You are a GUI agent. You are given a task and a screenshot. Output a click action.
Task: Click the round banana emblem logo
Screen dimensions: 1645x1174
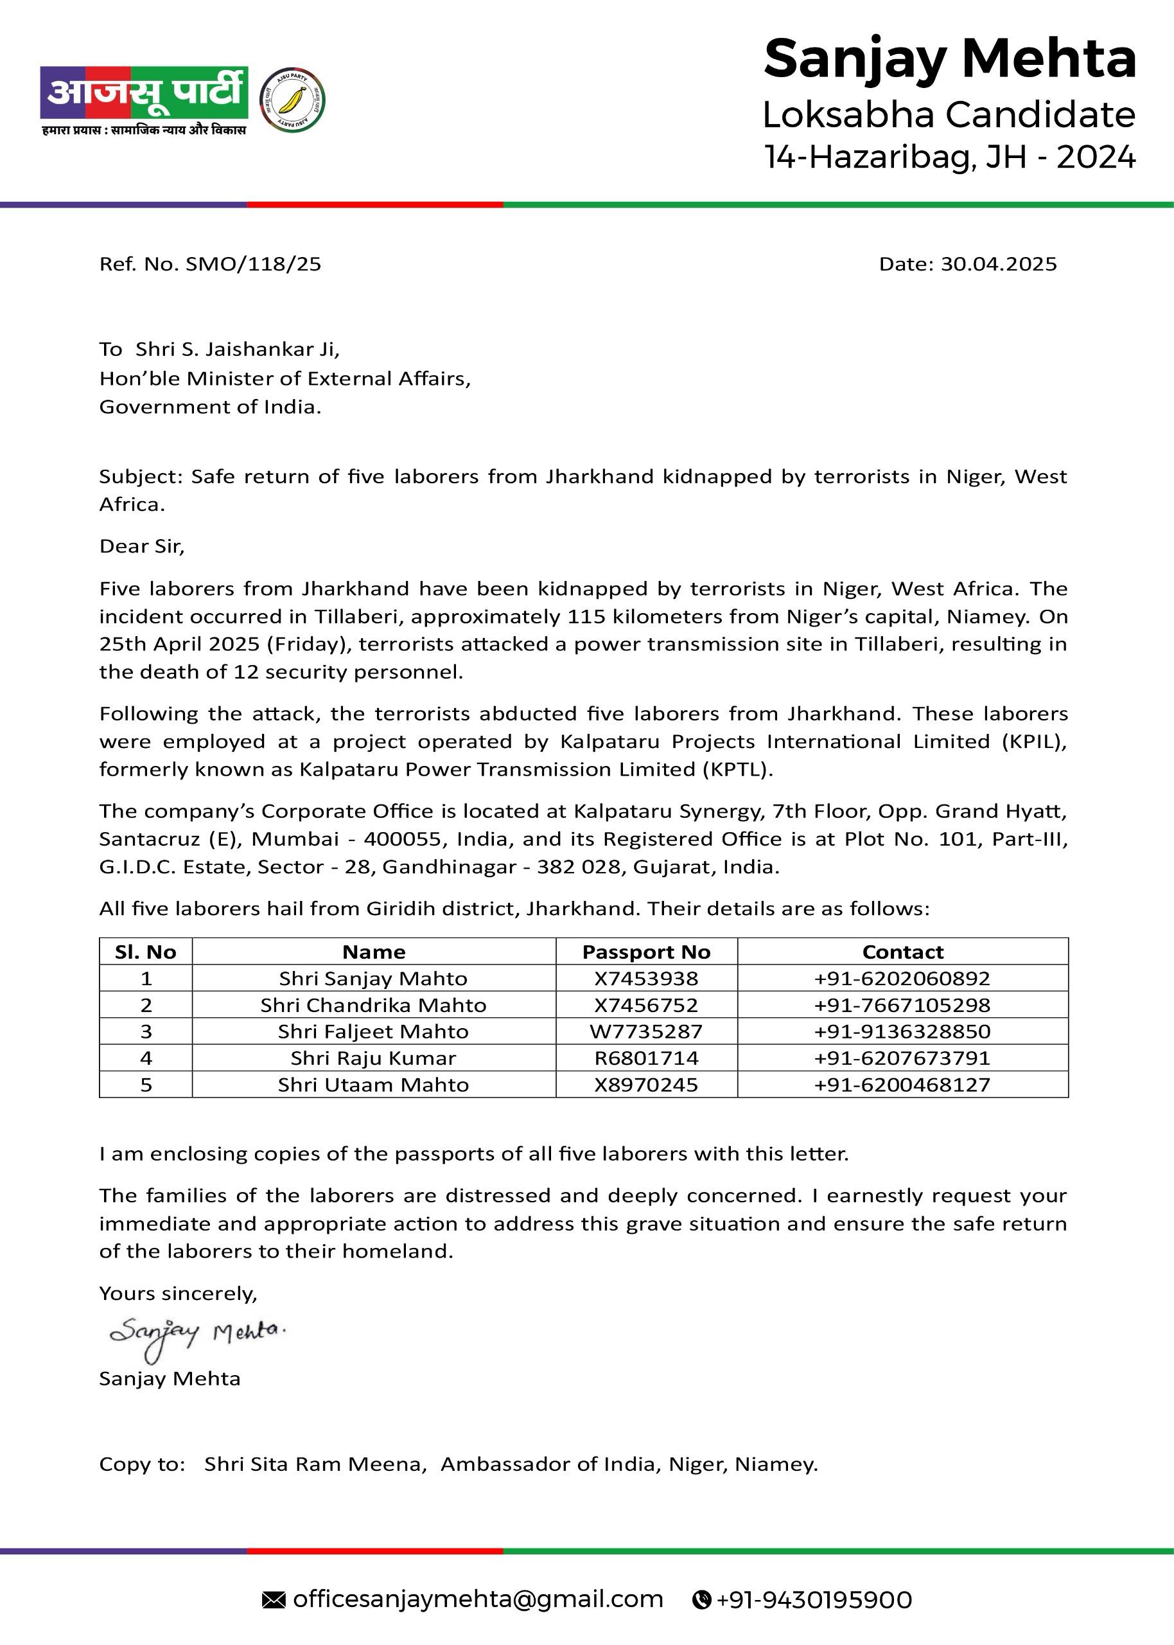[292, 100]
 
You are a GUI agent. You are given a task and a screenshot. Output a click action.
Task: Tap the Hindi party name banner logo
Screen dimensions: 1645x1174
[145, 93]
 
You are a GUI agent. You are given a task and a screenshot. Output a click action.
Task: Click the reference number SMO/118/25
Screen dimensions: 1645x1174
[253, 264]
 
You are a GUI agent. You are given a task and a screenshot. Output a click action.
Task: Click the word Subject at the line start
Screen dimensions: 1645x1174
[143, 477]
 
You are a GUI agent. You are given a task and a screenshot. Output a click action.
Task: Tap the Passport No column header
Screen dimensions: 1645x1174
[646, 952]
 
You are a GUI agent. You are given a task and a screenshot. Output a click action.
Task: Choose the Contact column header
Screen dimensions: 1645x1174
[902, 952]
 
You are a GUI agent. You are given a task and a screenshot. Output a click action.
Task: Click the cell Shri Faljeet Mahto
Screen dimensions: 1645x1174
[373, 1031]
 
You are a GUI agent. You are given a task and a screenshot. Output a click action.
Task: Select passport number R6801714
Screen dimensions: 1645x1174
[646, 1058]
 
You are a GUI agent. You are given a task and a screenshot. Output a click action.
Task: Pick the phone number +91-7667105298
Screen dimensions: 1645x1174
[902, 1005]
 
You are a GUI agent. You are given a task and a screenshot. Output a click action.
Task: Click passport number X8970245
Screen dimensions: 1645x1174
[646, 1085]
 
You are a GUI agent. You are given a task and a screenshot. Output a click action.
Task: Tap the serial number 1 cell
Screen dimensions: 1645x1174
[146, 978]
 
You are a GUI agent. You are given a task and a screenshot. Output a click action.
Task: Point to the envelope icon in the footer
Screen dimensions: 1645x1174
[273, 1600]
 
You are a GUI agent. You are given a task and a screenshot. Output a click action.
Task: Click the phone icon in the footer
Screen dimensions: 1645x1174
[701, 1600]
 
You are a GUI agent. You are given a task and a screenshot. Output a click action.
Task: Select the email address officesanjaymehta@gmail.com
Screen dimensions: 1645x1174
[478, 1599]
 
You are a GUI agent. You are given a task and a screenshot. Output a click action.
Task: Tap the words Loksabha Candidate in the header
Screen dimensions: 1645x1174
[949, 115]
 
